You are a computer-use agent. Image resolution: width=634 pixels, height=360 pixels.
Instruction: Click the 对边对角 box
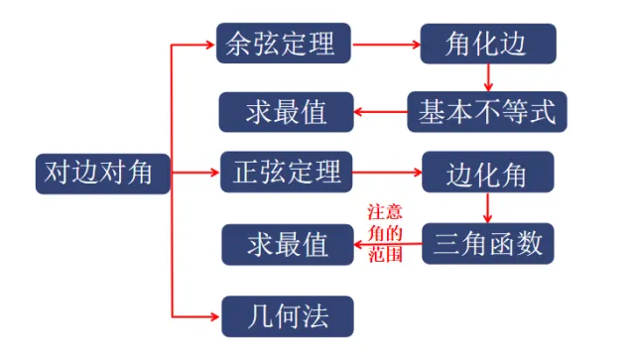click(96, 173)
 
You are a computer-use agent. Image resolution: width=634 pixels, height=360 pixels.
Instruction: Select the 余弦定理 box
click(282, 44)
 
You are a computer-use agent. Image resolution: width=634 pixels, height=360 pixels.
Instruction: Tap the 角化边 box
click(487, 44)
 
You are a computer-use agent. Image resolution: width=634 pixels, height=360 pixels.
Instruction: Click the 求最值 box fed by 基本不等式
click(287, 112)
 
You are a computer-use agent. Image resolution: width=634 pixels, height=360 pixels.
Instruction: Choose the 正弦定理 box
click(284, 174)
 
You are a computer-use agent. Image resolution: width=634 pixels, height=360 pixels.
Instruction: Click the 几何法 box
click(287, 316)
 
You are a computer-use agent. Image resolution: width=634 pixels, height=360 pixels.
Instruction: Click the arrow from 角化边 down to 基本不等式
click(488, 77)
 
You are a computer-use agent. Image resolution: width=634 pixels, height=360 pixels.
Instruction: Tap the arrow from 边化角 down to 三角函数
click(488, 208)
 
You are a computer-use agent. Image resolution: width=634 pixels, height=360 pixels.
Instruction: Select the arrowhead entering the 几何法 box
click(214, 316)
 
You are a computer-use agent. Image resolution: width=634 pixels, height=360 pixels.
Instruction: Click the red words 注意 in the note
click(385, 211)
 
